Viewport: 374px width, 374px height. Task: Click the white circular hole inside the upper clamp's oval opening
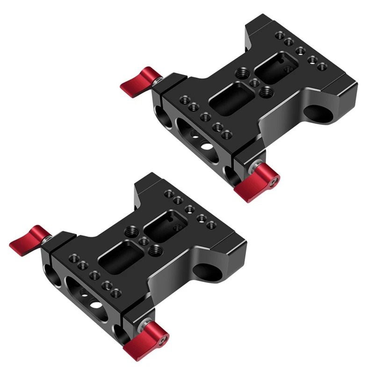point(206,146)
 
